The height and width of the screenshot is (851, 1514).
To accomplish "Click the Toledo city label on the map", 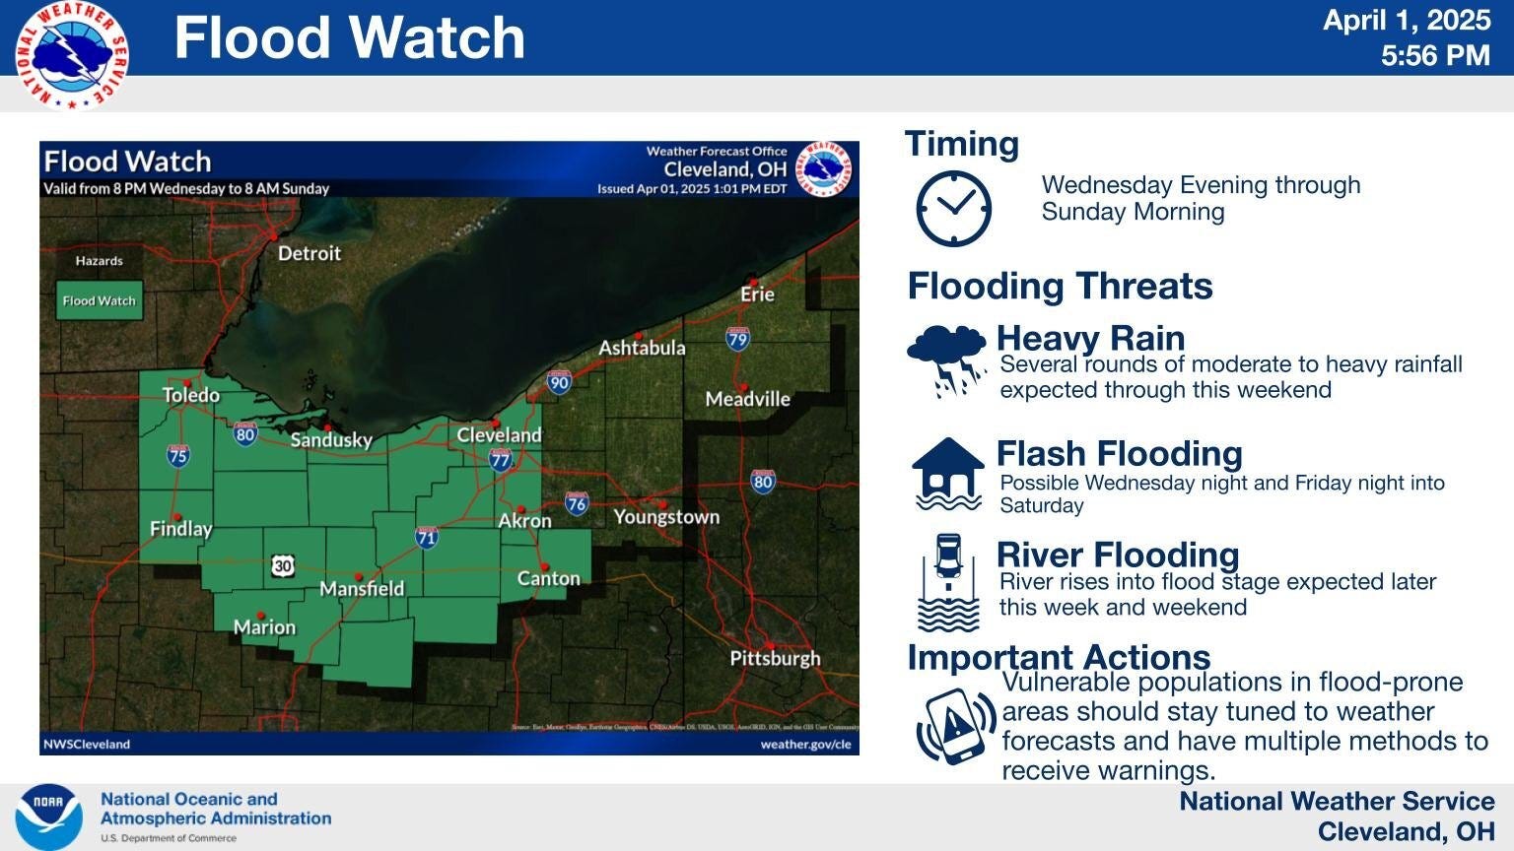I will [x=191, y=395].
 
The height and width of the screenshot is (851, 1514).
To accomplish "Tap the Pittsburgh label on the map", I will [x=775, y=658].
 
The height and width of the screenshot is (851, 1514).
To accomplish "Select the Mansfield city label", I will [x=362, y=588].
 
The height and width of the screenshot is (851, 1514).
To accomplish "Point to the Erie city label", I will [x=757, y=294].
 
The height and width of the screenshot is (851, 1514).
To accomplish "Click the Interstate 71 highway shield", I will [x=426, y=537].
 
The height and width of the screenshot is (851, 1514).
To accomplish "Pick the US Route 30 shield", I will [x=283, y=565].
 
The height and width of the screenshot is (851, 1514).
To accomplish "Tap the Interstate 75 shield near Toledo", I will [x=177, y=455].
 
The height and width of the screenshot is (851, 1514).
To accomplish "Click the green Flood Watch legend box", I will [x=99, y=300].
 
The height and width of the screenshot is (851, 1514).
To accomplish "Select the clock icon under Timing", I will [x=953, y=208].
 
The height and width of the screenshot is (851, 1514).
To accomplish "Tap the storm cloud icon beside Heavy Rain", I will [x=946, y=360].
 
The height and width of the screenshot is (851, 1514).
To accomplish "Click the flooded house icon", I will [x=947, y=475].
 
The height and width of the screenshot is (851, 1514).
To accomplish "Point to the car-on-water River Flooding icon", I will [x=948, y=582].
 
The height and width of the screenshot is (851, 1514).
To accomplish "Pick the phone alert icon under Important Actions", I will [x=955, y=727].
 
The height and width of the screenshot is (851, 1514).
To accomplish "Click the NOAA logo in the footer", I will [x=48, y=818].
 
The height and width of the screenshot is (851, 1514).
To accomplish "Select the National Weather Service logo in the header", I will [x=72, y=53].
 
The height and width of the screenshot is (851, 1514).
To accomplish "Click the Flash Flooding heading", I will [x=1119, y=453].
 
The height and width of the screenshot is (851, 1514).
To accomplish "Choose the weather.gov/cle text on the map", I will [x=804, y=745].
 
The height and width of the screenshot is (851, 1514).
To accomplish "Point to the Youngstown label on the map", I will [x=666, y=516].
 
